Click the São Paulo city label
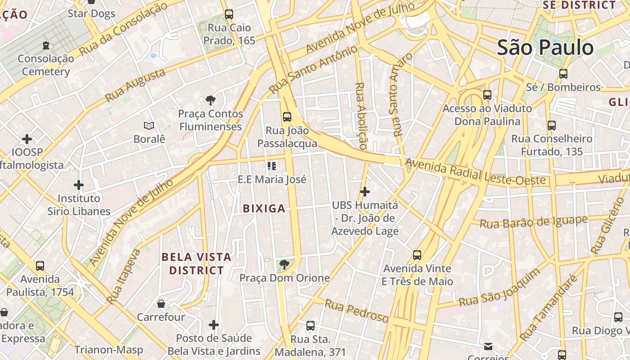[545, 48]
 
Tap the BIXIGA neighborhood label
[264, 208]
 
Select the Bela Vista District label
[196, 264]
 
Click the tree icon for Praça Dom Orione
[283, 265]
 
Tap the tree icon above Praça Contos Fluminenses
[210, 100]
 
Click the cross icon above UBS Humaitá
[364, 192]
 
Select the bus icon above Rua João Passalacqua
[287, 117]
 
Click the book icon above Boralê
[149, 126]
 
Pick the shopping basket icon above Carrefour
[161, 304]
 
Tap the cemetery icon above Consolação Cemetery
[45, 45]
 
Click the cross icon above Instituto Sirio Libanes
[79, 185]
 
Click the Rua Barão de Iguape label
[533, 222]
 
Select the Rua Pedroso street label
[356, 311]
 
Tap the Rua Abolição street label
[361, 116]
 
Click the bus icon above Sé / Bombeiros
[563, 74]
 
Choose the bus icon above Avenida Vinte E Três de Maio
[417, 255]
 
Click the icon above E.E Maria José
[271, 166]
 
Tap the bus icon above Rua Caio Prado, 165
[229, 14]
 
